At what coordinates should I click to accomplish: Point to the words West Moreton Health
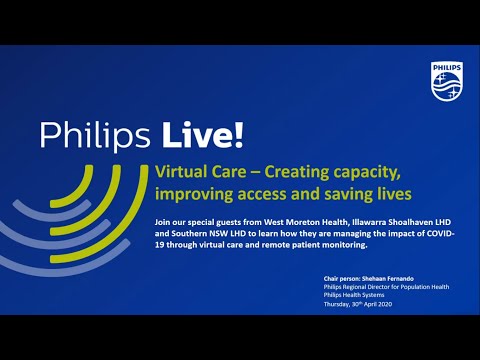coord(275,220)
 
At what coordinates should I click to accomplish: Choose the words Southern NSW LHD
coord(202,232)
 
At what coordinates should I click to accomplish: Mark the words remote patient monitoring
coord(323,244)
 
